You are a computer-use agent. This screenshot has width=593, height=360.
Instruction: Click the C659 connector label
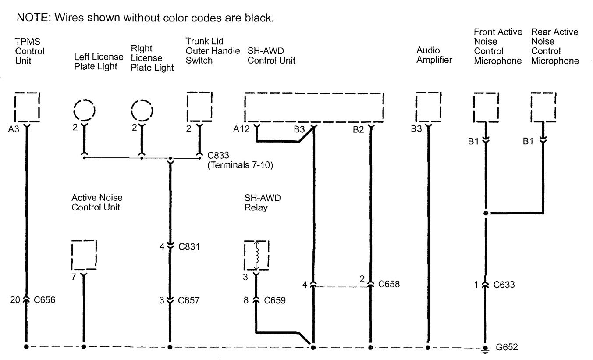coord(275,300)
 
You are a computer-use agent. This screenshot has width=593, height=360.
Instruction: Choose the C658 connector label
coord(389,284)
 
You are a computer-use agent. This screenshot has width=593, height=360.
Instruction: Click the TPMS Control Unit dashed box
coord(27,107)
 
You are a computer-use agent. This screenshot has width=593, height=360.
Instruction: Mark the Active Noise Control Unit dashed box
coord(83,255)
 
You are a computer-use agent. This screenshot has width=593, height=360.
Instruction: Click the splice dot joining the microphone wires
coord(486,214)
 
